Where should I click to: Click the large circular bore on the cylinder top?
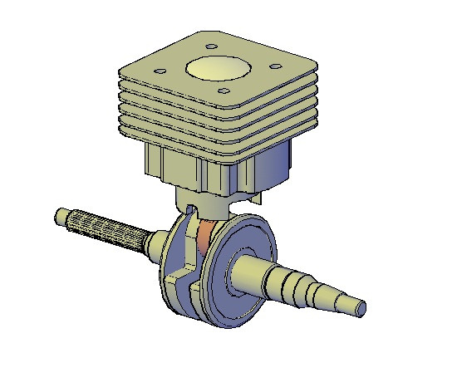(217, 69)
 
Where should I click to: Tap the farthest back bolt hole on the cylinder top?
(211, 47)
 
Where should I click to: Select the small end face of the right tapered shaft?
(360, 307)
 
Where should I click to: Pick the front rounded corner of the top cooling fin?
(222, 107)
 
